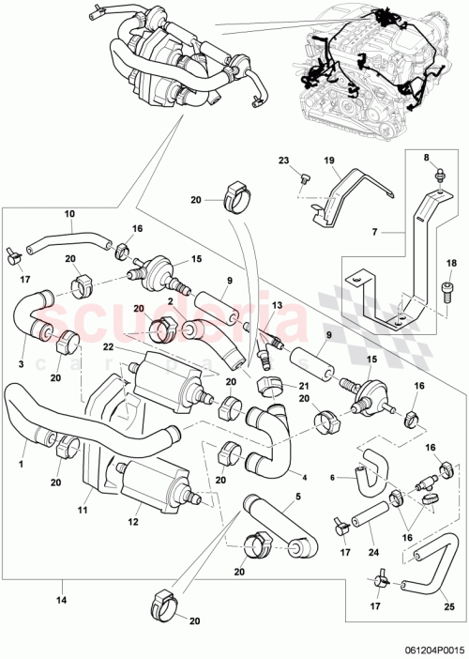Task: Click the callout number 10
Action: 68,213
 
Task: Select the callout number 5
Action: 299,498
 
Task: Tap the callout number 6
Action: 333,477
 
